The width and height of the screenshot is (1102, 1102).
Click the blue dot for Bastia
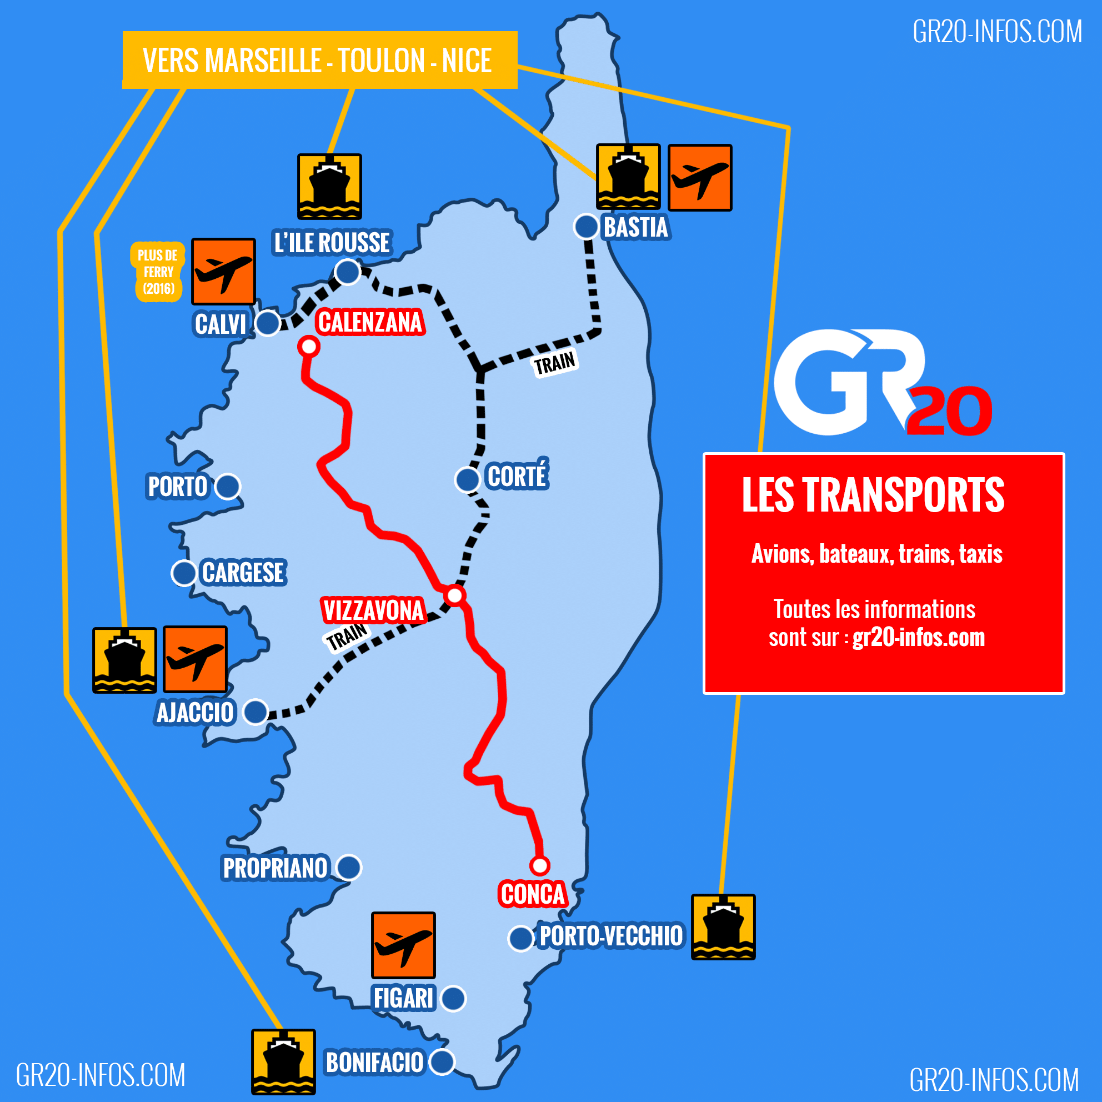pos(586,227)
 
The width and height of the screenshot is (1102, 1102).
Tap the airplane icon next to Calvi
pos(223,272)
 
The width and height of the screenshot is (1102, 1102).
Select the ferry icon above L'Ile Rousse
pos(329,186)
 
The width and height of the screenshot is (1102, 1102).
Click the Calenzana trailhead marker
pos(309,345)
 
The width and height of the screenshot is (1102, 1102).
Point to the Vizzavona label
pos(374,610)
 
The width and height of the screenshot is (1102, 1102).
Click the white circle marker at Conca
pos(539,865)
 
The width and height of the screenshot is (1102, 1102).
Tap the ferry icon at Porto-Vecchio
pos(723,927)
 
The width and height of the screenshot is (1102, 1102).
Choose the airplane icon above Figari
pos(403,945)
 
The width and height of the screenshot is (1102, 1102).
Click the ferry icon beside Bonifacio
pos(283,1061)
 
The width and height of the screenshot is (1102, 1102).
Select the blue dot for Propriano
pos(348,868)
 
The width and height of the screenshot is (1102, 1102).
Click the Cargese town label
pos(243,573)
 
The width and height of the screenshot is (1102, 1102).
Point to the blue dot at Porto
pos(228,487)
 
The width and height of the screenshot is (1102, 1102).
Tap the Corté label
pos(517,475)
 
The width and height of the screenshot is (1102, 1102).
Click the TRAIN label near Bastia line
pos(555,363)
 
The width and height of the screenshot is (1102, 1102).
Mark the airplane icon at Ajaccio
pos(195,659)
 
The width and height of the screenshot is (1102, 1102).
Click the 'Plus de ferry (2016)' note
pos(158,272)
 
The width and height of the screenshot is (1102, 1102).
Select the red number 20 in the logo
pos(949,410)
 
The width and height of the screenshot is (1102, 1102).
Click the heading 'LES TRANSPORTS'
pos(873,494)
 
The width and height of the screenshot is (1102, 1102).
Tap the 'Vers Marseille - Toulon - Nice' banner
pos(319,60)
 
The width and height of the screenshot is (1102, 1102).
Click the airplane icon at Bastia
pos(700,177)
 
